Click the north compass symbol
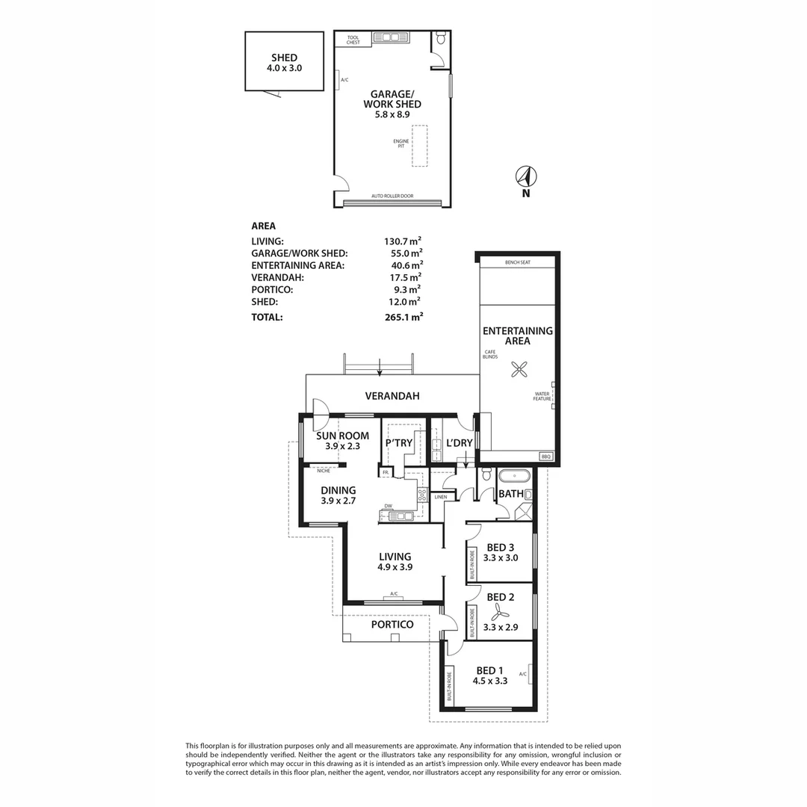coord(526,177)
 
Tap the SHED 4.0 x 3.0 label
coord(284,63)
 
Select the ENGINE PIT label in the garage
coord(401,143)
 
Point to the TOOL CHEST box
coord(353,40)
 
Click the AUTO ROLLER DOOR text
coord(392,197)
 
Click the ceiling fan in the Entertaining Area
coord(518,368)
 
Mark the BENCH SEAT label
coord(517,262)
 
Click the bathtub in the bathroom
coord(513,476)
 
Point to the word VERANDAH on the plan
coord(392,396)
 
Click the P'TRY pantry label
coord(399,443)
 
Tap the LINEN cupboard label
coord(440,496)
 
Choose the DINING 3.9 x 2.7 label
coord(338,495)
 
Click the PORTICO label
coord(392,625)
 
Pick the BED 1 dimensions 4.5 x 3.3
coord(490,681)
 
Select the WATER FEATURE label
coord(542,396)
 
